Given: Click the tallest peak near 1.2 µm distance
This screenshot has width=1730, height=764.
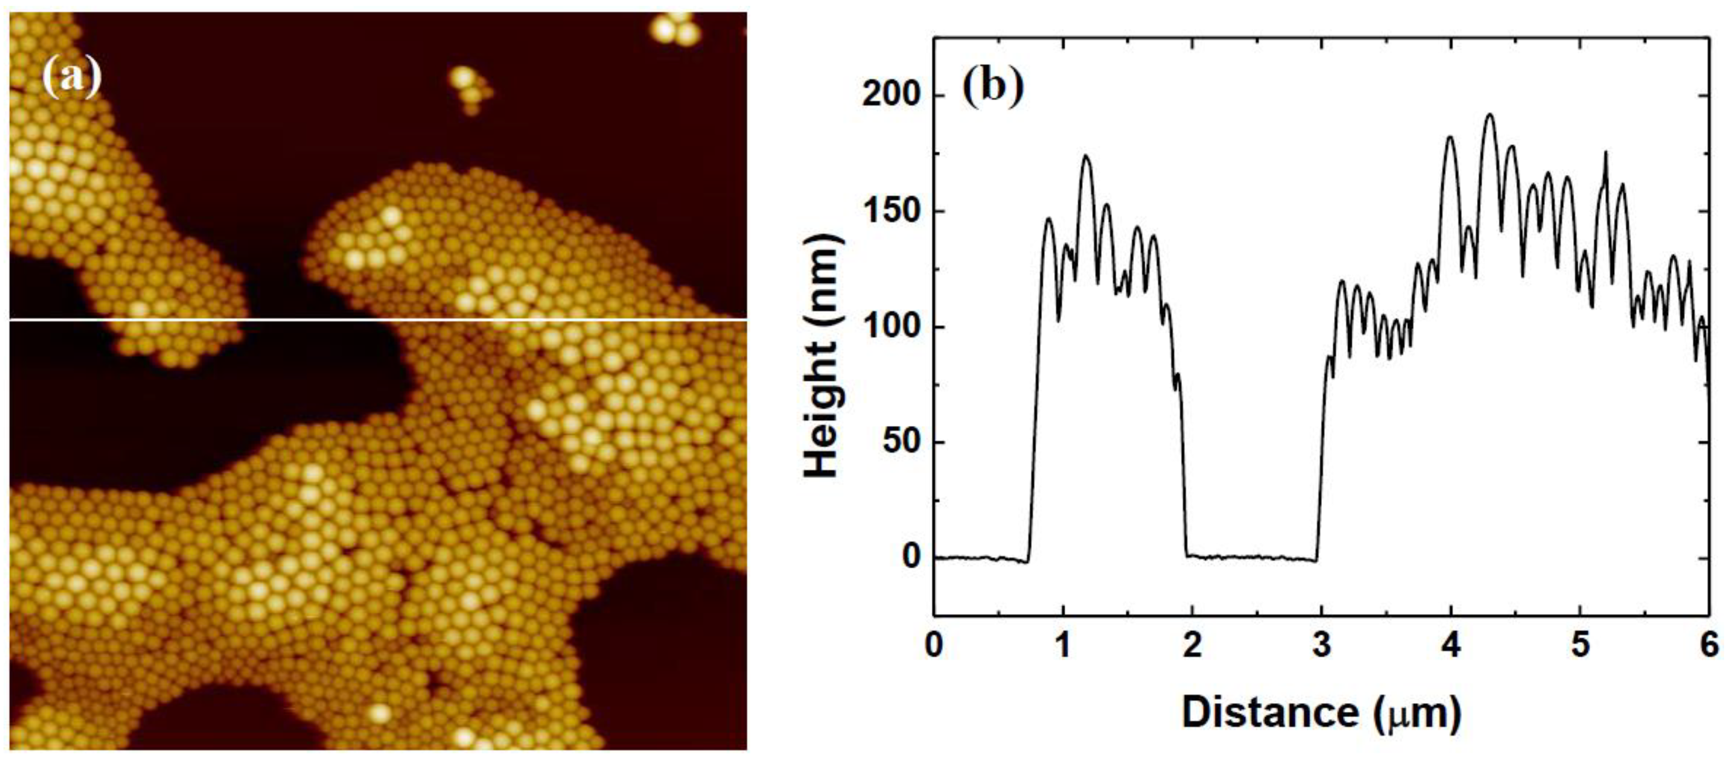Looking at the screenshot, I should pos(1085,156).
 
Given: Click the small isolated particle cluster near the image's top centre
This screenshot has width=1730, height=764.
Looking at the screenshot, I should pos(469,87).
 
